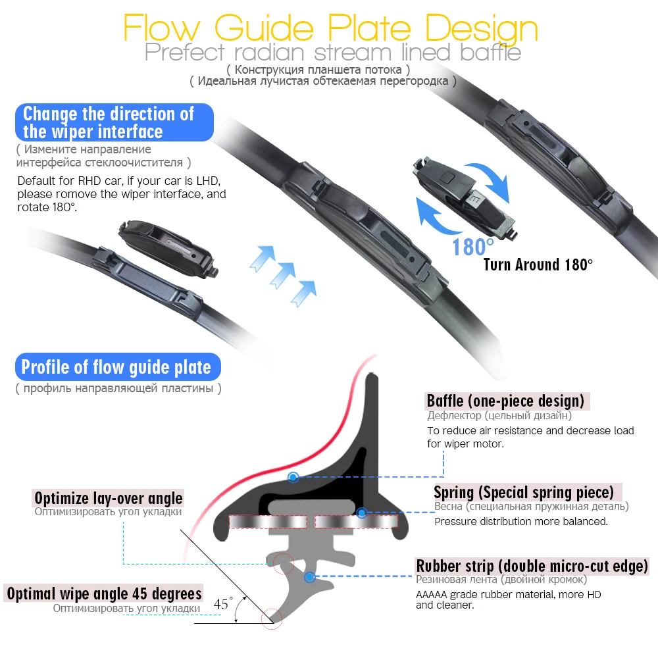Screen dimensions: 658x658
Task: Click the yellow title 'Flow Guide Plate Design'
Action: point(331,28)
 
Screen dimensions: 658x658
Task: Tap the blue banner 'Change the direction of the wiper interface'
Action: point(114,122)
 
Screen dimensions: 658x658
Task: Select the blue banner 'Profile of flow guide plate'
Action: point(116,367)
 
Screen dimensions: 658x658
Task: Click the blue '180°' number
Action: point(472,247)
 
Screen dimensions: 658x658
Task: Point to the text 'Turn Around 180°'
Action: point(538,265)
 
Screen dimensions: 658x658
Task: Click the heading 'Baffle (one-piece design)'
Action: point(505,401)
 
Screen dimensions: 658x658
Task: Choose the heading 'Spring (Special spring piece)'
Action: point(524,492)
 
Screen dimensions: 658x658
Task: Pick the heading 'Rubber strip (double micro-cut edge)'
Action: point(532,566)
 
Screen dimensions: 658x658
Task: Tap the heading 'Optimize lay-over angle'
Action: point(109,498)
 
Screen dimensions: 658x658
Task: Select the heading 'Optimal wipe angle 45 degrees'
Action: point(104,593)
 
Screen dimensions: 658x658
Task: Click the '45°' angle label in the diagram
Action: point(224,603)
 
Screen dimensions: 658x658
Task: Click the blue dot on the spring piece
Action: point(361,512)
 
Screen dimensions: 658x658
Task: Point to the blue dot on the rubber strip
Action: point(309,577)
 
